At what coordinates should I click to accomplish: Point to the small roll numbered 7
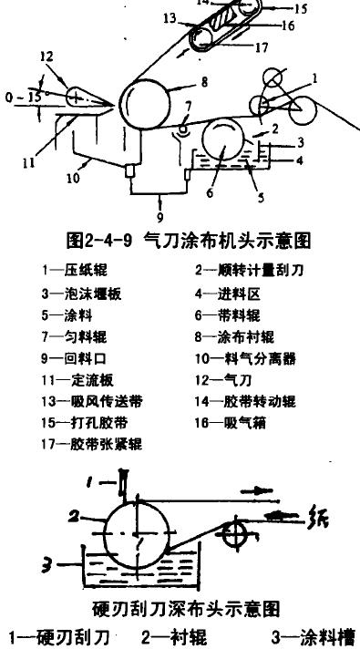click(186, 130)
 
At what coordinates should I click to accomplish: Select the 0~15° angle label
click(20, 95)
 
